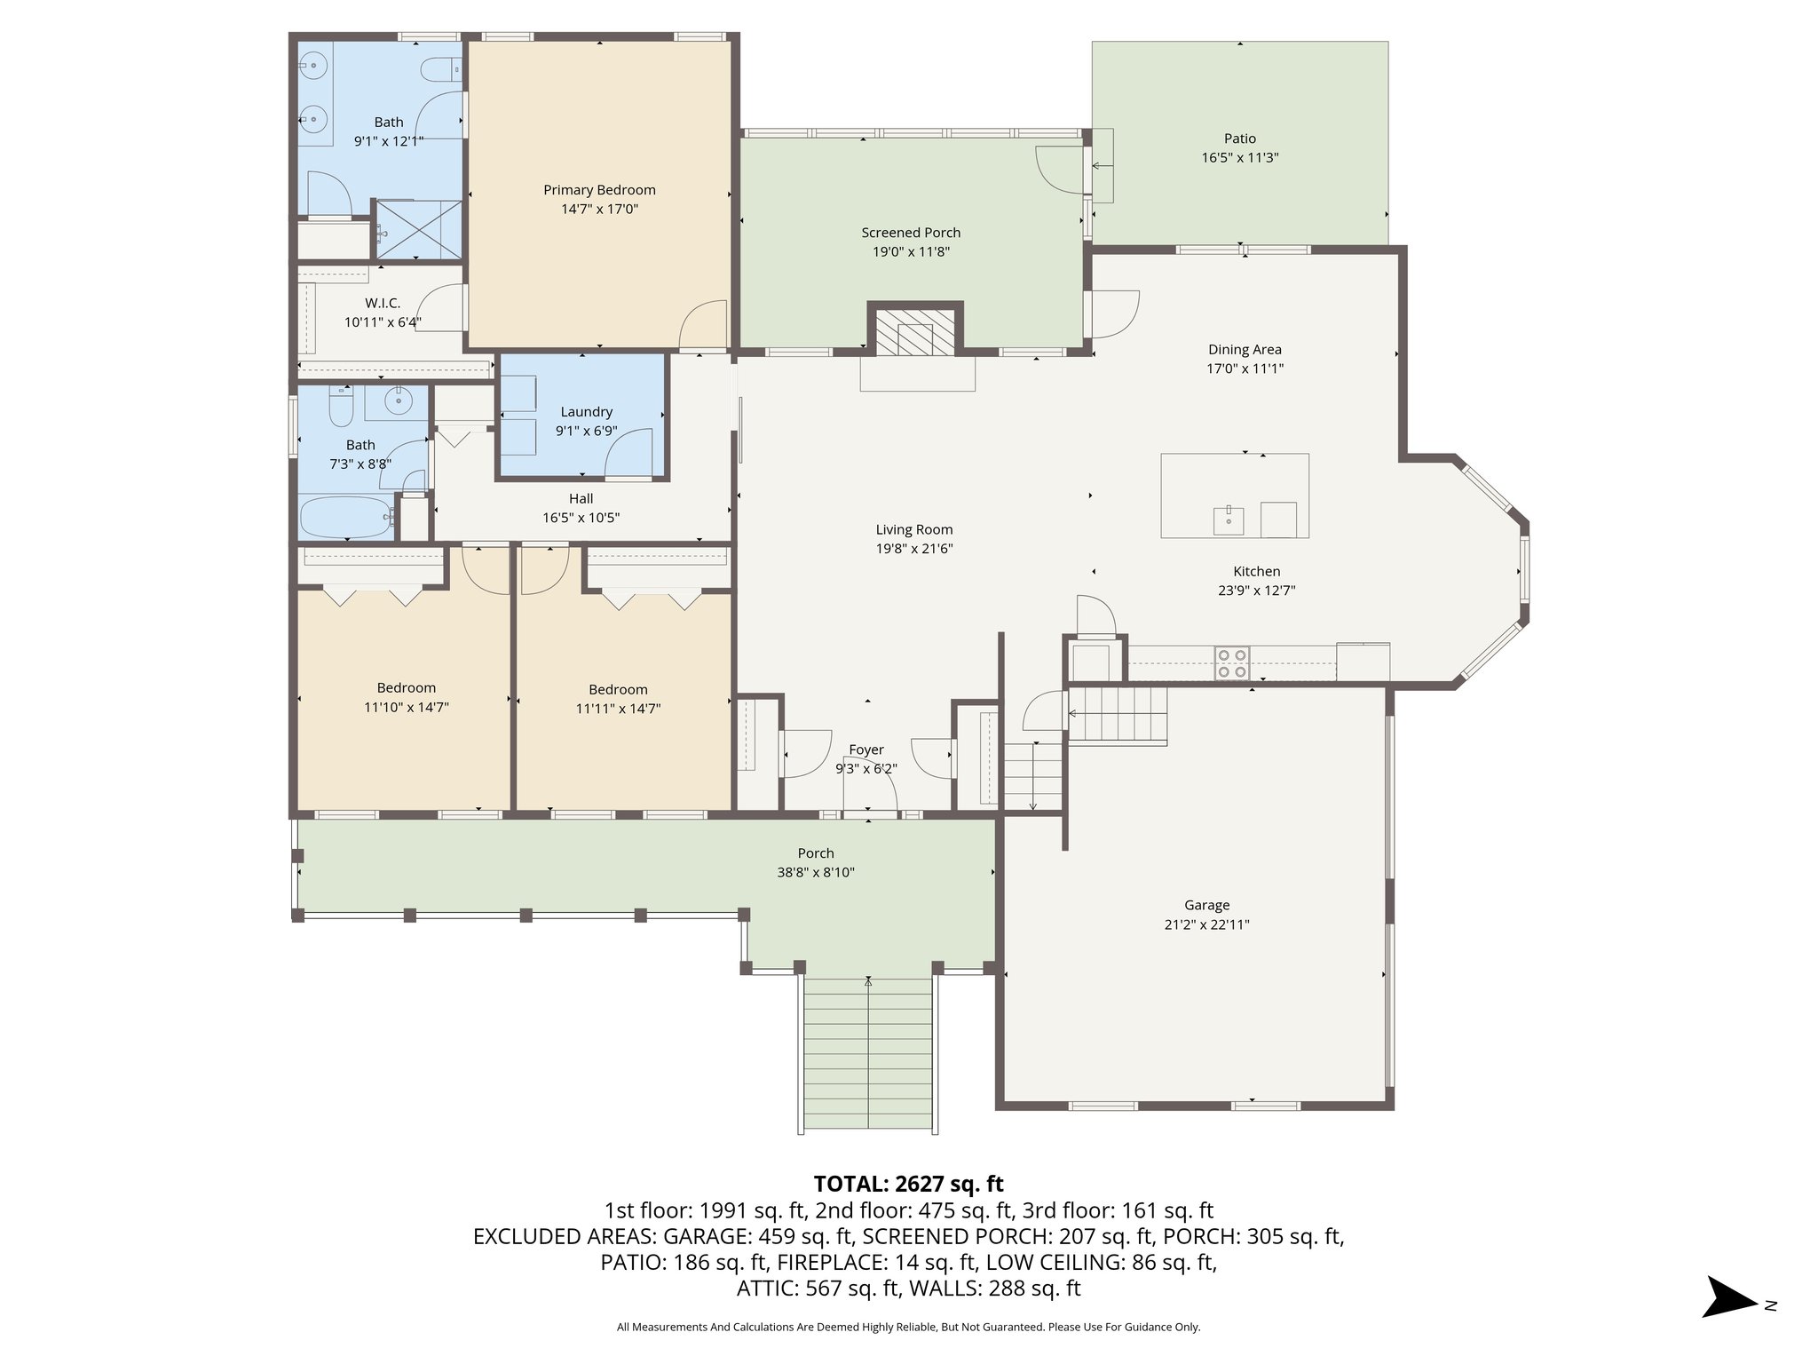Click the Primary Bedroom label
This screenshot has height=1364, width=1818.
[x=599, y=190]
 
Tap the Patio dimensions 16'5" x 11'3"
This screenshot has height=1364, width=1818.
[x=1240, y=158]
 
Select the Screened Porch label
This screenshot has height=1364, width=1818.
[x=911, y=233]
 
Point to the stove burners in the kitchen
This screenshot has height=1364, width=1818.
[x=1231, y=663]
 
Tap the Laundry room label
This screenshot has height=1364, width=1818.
[x=586, y=412]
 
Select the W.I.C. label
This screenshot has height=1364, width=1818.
[x=382, y=304]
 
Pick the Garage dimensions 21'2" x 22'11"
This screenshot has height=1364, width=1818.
[x=1206, y=924]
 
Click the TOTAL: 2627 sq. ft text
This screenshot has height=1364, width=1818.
[x=908, y=1184]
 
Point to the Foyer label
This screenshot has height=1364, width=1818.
[x=866, y=749]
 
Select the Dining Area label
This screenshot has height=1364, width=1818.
[x=1245, y=350]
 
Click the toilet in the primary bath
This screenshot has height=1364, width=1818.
[x=441, y=68]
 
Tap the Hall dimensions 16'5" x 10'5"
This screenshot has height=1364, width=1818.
[x=581, y=518]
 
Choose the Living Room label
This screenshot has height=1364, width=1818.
[x=913, y=529]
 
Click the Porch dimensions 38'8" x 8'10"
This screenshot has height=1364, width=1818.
[x=815, y=873]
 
